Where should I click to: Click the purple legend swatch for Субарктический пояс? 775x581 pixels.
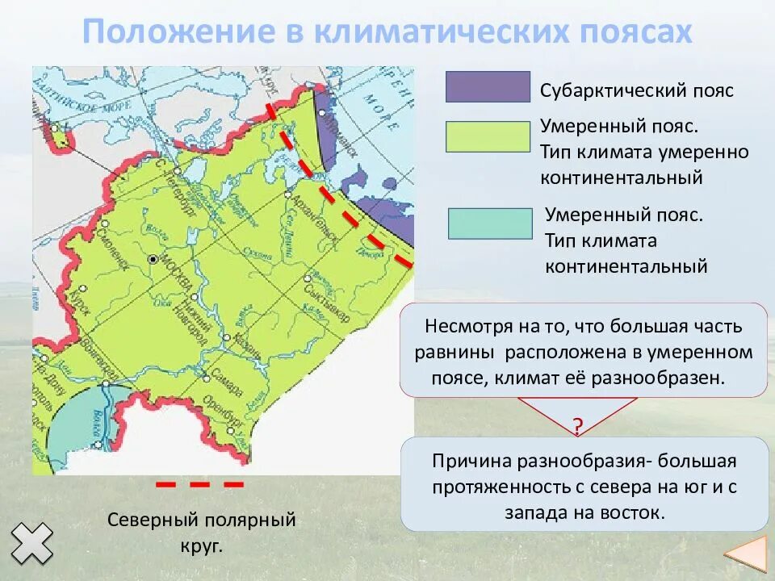[487, 87]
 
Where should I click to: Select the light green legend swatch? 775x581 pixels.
[487, 137]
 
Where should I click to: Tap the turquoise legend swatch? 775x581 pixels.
[490, 224]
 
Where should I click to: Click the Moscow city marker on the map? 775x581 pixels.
[153, 259]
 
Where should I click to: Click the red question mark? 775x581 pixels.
[578, 426]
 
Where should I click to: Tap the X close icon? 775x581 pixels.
[31, 542]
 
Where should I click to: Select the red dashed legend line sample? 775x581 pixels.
[199, 485]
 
